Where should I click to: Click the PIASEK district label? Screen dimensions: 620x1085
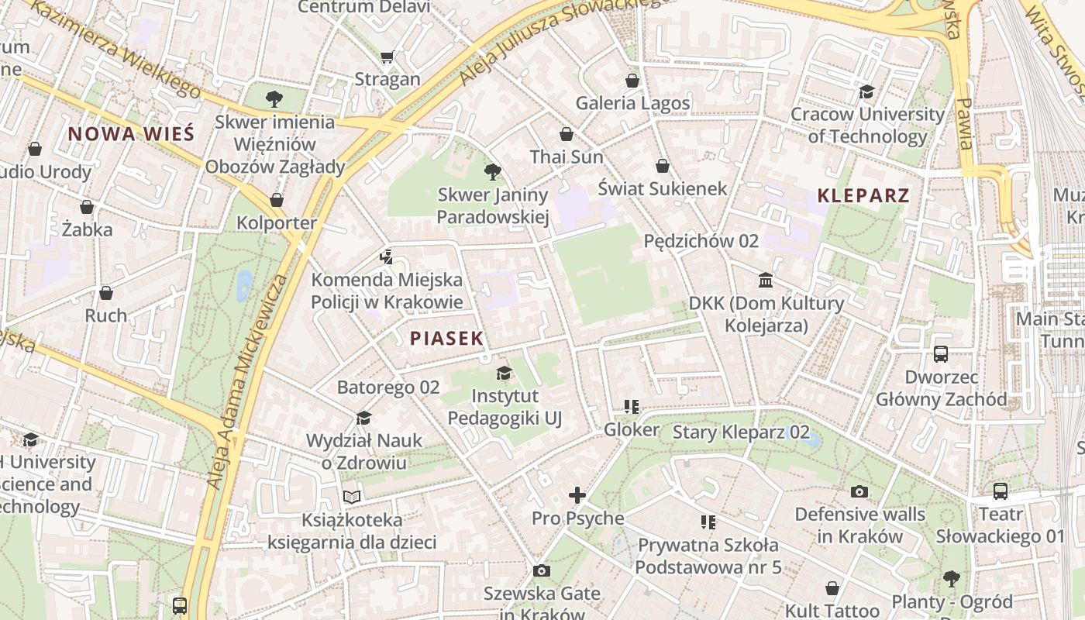click(446, 338)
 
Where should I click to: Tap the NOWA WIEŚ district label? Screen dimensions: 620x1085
click(130, 133)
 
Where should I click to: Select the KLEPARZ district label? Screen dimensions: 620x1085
click(863, 195)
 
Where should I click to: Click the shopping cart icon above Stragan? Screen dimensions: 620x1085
click(387, 57)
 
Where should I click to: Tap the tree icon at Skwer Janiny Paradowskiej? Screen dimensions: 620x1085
click(492, 172)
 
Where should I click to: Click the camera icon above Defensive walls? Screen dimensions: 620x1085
click(859, 491)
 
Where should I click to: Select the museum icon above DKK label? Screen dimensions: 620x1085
click(766, 280)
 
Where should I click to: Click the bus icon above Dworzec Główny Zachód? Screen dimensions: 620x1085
click(941, 354)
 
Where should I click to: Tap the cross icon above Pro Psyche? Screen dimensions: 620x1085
click(577, 495)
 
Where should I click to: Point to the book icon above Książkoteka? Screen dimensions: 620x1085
click(352, 497)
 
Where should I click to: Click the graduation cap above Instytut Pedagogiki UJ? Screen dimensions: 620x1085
click(504, 374)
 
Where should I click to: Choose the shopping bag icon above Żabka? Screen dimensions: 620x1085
click(87, 207)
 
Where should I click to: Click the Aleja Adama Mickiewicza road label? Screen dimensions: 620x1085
click(246, 381)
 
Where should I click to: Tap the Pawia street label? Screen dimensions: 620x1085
click(963, 122)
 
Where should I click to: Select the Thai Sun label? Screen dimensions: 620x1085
click(567, 157)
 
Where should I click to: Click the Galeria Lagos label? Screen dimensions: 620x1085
click(632, 103)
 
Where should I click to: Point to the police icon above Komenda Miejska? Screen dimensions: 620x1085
click(386, 257)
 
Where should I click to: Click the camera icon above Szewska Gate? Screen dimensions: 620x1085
click(542, 571)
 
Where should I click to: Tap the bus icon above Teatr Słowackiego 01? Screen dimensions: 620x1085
click(1001, 491)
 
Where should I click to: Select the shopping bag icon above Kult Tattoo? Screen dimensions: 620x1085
click(832, 588)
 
